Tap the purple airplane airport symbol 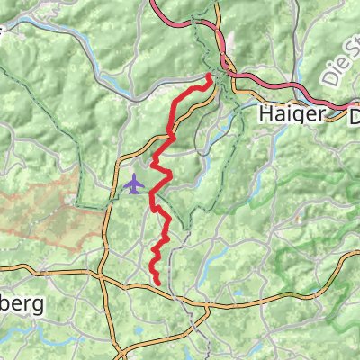click(135, 185)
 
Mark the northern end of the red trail click(211, 76)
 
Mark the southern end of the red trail click(160, 283)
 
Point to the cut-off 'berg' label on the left click(20, 305)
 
